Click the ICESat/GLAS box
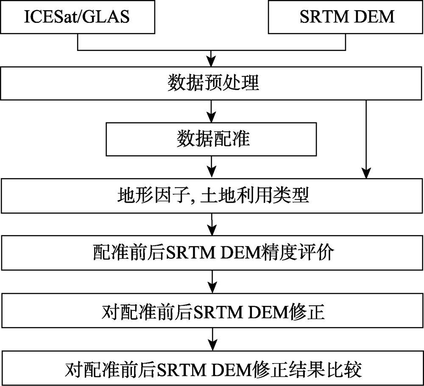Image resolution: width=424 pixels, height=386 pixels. (x=78, y=17)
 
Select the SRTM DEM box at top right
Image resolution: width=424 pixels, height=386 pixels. (x=346, y=17)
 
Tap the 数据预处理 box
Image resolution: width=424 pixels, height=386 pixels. (x=212, y=83)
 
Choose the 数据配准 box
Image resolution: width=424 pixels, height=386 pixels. (x=211, y=139)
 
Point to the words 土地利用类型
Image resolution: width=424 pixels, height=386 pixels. (x=254, y=195)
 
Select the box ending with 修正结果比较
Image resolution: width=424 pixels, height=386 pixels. (x=212, y=368)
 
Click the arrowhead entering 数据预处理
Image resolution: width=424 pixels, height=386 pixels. (x=211, y=62)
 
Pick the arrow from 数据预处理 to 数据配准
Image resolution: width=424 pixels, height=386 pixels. (x=211, y=111)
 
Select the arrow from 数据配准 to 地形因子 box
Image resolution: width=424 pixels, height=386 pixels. (x=212, y=167)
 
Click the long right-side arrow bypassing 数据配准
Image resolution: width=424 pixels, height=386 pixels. (x=366, y=139)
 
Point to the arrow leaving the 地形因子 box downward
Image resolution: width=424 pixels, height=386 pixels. (x=212, y=224)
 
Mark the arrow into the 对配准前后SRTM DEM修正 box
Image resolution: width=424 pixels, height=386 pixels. (x=212, y=282)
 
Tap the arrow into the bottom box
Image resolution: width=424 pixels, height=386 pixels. (x=213, y=339)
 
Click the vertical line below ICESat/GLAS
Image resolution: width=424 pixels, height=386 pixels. (x=78, y=42)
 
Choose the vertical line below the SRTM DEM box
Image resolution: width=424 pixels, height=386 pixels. (x=346, y=42)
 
